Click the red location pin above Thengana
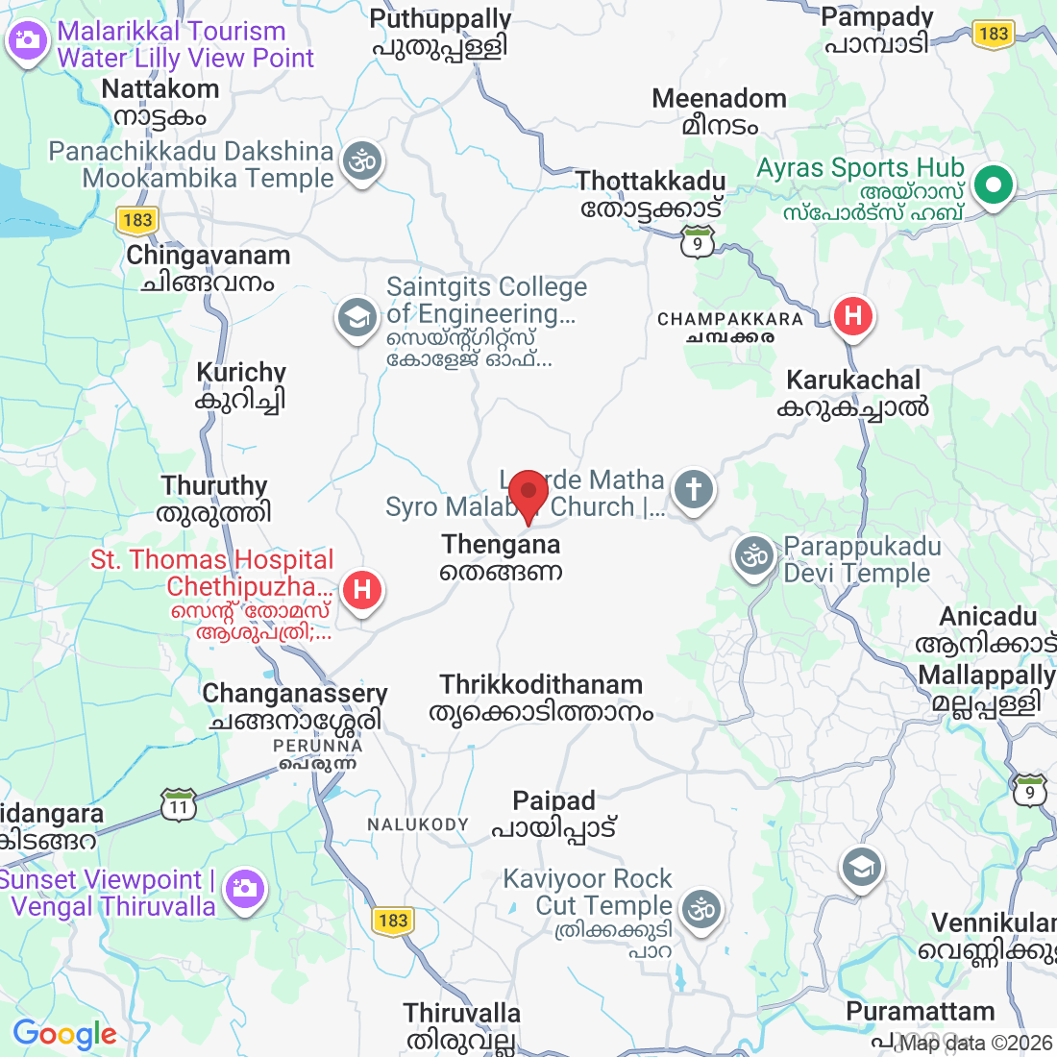528,493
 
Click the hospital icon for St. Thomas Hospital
362,589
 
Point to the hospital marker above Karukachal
852,315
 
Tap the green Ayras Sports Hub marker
995,184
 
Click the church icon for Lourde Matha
694,489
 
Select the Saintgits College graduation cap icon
357,316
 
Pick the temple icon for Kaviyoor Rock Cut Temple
701,908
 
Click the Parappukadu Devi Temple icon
755,556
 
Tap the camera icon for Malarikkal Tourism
28,41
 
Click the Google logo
64,1034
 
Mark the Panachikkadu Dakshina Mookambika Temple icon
362,161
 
